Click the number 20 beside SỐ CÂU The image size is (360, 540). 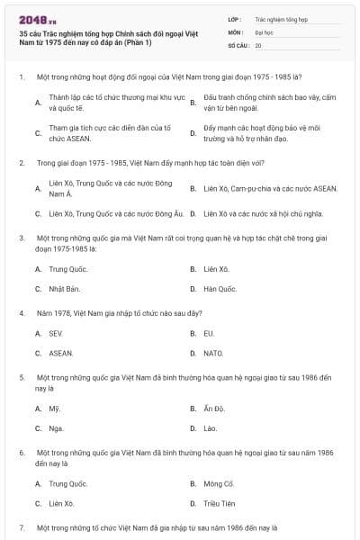coord(258,44)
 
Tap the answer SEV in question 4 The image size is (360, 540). coord(56,333)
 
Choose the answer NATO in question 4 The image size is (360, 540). coord(212,353)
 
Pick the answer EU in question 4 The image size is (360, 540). coord(209,333)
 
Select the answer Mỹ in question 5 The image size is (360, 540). coord(54,408)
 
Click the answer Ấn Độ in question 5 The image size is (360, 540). coord(213,408)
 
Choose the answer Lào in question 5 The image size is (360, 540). coord(211,427)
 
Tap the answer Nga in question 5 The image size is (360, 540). coord(56,427)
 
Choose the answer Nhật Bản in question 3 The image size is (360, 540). coord(65,289)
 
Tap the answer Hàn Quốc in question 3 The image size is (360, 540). coord(220,289)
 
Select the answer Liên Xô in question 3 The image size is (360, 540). coord(217,269)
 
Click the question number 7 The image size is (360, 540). coord(22,526)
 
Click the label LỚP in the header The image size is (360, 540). coord(235,18)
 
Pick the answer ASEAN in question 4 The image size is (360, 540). coord(61,353)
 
